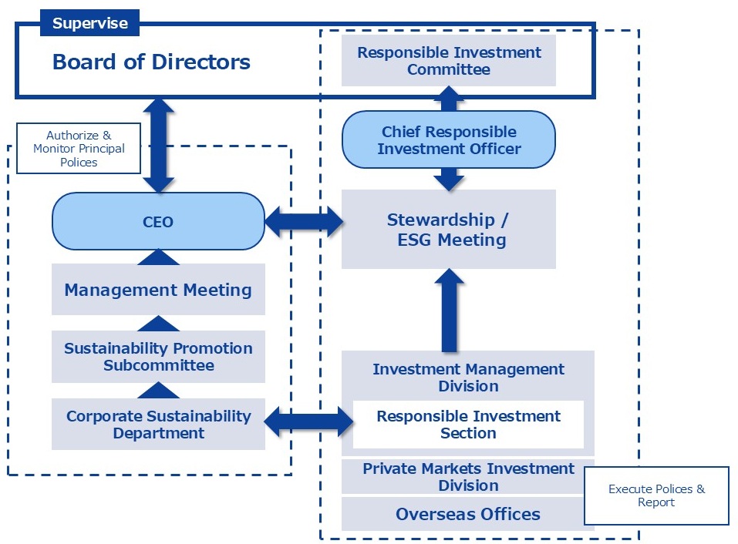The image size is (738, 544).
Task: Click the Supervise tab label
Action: (x=89, y=23)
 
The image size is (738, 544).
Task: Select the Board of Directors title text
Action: (x=151, y=62)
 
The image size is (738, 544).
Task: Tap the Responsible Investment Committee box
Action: (x=449, y=61)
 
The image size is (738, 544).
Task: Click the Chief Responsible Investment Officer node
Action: (x=449, y=139)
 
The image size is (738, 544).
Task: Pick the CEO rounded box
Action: (x=158, y=222)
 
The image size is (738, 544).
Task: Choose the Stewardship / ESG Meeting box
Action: (x=448, y=230)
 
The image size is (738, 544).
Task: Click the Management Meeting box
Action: (x=158, y=290)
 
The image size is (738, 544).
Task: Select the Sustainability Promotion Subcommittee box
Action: (x=158, y=357)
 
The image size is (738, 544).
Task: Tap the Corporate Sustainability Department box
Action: (x=158, y=424)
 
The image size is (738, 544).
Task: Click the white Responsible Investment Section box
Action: (x=468, y=425)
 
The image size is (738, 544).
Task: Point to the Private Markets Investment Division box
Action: (x=468, y=477)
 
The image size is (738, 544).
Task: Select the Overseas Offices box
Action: (x=468, y=514)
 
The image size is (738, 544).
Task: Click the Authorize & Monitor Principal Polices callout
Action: (x=79, y=148)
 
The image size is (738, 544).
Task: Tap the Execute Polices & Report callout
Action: (x=656, y=495)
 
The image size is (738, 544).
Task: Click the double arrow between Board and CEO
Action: (x=159, y=145)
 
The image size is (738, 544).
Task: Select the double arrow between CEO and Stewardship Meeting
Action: (x=303, y=223)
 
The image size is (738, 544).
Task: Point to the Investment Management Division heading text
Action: (x=468, y=378)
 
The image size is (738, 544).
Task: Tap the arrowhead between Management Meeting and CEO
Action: (x=158, y=257)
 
